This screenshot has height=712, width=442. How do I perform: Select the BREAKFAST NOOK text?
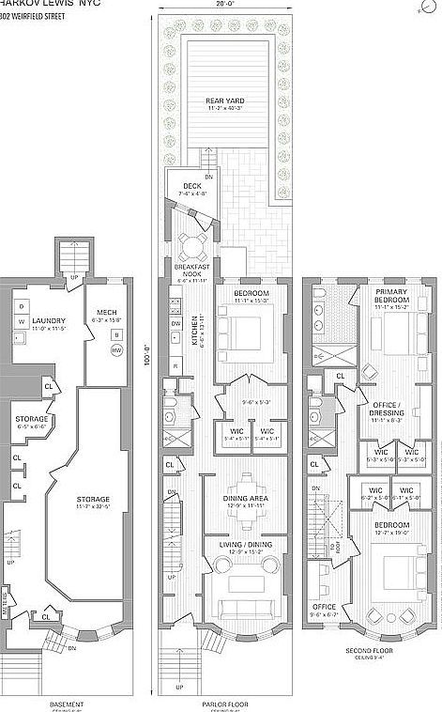coord(191,270)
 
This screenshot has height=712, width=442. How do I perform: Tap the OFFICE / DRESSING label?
coord(387,414)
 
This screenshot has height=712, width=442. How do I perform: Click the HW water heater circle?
coord(117,350)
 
